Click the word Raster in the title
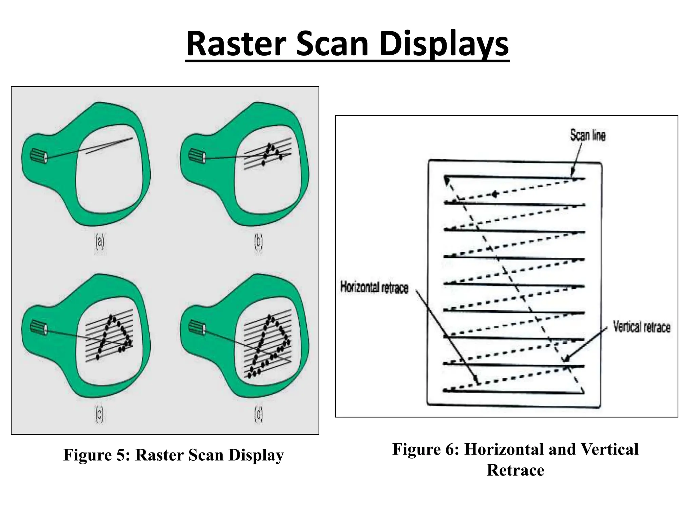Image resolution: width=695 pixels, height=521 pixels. click(234, 44)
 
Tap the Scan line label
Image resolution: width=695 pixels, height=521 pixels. click(587, 135)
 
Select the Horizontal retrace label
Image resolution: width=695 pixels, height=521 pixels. click(374, 288)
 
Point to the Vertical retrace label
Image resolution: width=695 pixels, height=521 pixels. click(641, 327)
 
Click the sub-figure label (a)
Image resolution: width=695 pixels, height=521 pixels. click(99, 243)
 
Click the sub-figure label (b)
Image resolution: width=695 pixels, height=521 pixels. click(258, 243)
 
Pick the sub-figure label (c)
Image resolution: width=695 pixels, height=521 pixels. click(99, 414)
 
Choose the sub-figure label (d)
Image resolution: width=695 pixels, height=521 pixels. click(258, 414)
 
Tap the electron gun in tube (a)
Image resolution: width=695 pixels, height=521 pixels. click(38, 155)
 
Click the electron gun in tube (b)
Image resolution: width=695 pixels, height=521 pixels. click(197, 155)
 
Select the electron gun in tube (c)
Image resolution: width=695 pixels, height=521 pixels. click(38, 327)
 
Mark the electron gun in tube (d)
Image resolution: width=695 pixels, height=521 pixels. click(197, 327)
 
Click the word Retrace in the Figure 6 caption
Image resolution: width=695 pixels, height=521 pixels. click(515, 470)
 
